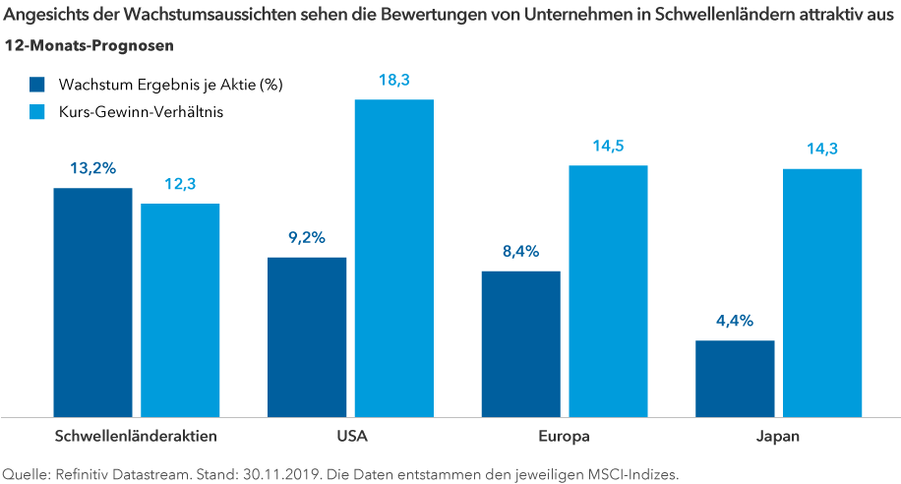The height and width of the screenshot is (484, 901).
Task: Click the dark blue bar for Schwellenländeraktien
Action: (x=92, y=301)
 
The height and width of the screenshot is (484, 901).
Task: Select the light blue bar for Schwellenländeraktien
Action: (x=180, y=309)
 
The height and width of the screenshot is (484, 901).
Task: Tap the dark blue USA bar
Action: (x=307, y=335)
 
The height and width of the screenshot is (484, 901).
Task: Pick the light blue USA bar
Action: (x=394, y=257)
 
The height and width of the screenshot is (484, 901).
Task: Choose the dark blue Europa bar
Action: (x=520, y=342)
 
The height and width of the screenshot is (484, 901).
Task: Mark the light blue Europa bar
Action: (x=608, y=289)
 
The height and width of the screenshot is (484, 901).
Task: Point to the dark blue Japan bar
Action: (x=735, y=378)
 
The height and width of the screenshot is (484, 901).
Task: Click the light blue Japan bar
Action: (x=822, y=291)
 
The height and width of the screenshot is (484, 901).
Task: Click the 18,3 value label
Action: (x=394, y=81)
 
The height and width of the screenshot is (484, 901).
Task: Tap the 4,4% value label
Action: (x=735, y=321)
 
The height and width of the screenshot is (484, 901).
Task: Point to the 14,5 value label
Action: (x=608, y=146)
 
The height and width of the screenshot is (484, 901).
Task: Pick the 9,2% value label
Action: (x=307, y=237)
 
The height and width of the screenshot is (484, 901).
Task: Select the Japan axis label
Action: (x=778, y=434)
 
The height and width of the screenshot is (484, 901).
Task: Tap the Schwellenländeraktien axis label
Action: (x=136, y=434)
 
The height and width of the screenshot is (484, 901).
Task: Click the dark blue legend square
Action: (x=38, y=85)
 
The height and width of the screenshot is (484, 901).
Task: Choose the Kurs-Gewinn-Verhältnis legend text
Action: (x=141, y=112)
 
